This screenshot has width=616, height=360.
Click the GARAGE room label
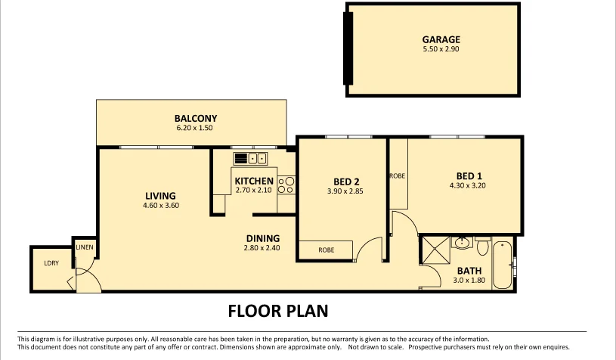point(441,39)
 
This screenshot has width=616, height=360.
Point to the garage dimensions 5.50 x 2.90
point(441,49)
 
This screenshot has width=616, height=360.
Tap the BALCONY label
point(196,119)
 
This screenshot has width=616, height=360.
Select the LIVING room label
point(161,195)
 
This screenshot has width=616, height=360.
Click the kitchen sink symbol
point(251,158)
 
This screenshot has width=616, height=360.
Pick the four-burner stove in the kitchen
point(286,184)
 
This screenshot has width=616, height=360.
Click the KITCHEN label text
point(254,182)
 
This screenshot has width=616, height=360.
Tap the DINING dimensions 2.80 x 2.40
point(262,248)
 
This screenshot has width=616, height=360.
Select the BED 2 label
point(345,182)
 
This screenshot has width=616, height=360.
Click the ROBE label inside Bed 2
point(326,250)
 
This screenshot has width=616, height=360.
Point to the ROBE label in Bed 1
point(397,175)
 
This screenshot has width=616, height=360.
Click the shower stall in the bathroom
point(434,250)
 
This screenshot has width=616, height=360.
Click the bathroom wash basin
point(463,244)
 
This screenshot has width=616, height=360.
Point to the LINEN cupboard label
point(84,247)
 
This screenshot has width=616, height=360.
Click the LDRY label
point(51,263)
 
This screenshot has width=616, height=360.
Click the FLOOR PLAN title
point(277,310)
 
